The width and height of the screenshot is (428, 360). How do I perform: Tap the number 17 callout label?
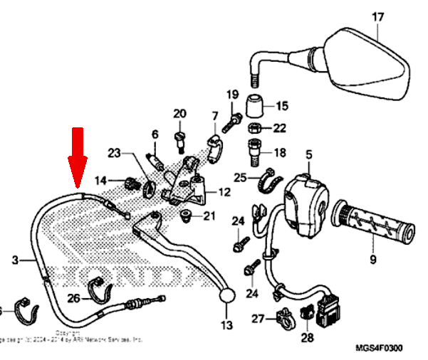[x=377, y=16]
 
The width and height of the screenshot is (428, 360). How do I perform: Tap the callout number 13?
[x=226, y=325]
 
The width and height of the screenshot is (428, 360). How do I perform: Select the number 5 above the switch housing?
[x=309, y=154]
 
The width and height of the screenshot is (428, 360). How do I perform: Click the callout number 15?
[x=281, y=107]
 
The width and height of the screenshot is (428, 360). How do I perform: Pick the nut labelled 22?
[x=256, y=129]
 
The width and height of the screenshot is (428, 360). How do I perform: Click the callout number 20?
[x=179, y=114]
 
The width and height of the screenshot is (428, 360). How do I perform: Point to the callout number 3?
[x=16, y=261]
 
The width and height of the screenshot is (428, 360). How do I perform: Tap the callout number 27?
[x=258, y=318]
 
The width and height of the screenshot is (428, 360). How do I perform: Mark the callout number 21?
[x=208, y=216]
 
